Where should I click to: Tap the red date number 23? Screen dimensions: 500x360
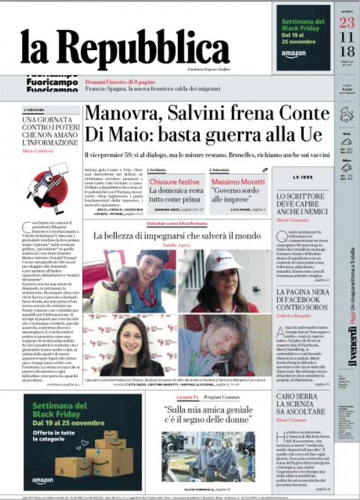click(x=346, y=23)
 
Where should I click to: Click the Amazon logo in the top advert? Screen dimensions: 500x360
click(x=294, y=54)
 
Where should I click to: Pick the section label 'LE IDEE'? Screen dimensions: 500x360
click(x=302, y=177)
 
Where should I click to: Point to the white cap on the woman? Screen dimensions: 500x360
click(x=223, y=261)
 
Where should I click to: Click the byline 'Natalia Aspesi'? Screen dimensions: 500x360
click(x=177, y=246)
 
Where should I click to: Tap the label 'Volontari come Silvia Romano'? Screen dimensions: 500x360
click(x=177, y=224)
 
